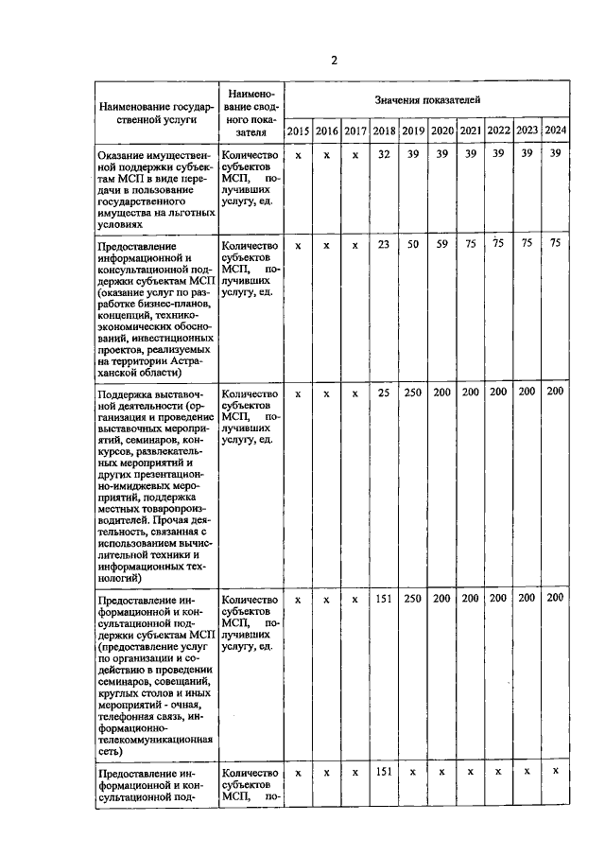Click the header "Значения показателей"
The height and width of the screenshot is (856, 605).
[426, 99]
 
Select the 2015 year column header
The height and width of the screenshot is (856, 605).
[298, 131]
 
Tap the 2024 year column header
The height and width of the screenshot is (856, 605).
[556, 130]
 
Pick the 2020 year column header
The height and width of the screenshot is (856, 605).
[441, 131]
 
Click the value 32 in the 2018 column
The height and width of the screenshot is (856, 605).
[384, 154]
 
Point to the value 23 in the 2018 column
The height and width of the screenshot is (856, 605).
[384, 245]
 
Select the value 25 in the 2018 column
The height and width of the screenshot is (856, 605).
[384, 392]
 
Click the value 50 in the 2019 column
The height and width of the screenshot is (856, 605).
[412, 245]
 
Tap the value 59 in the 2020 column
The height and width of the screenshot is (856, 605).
[441, 245]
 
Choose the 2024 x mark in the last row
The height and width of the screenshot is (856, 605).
[556, 772]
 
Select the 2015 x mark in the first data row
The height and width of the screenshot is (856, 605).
[298, 155]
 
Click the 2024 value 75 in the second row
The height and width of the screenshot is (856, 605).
[556, 243]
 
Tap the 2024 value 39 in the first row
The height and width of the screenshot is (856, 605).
[556, 153]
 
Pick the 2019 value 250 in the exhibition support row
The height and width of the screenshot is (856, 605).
[412, 392]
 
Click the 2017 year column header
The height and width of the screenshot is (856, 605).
[355, 131]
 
